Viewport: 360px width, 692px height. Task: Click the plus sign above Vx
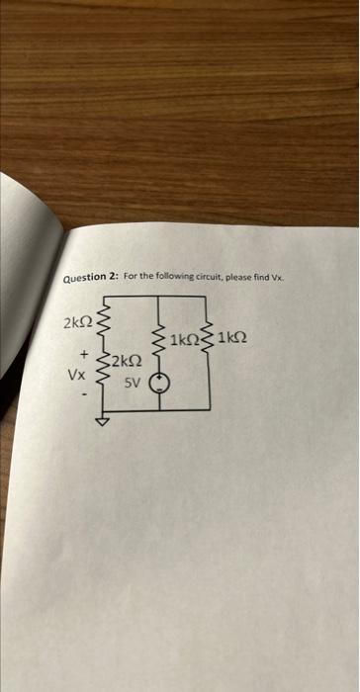(85, 353)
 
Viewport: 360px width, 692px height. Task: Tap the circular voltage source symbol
(157, 385)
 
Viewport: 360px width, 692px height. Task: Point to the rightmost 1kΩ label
(230, 339)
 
